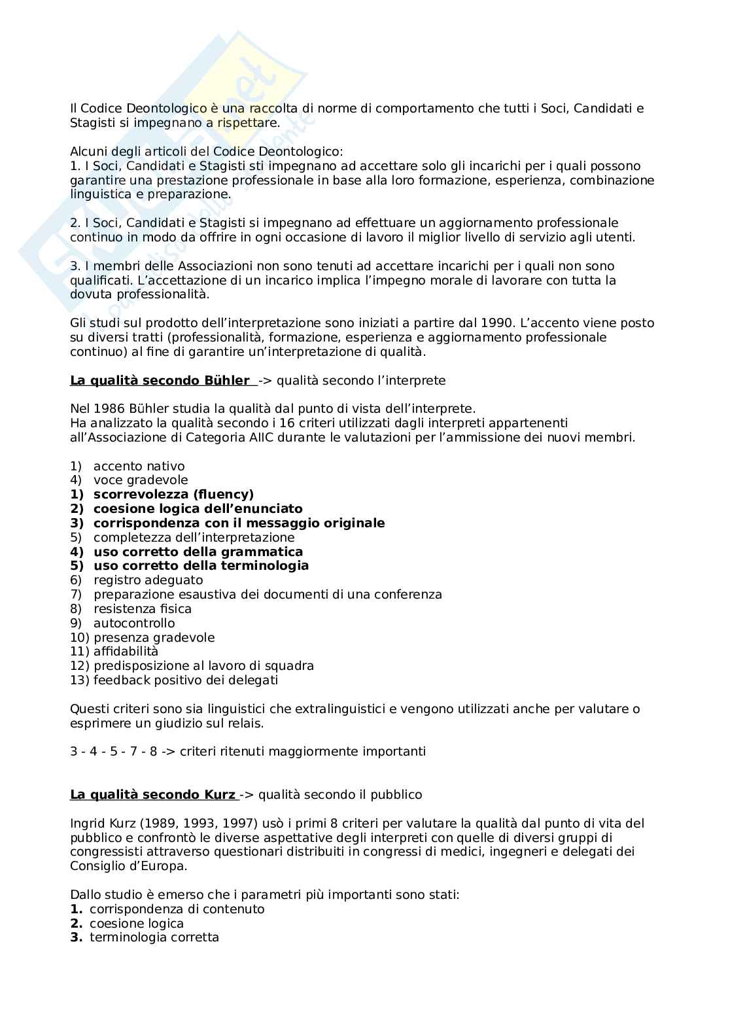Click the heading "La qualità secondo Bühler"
(x=160, y=381)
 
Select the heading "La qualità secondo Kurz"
(x=152, y=795)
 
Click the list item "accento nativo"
(x=139, y=466)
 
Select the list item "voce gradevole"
(x=141, y=480)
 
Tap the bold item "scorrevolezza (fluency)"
(x=173, y=495)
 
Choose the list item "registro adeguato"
(x=148, y=580)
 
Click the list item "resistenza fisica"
(x=143, y=609)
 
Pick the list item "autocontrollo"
(x=134, y=623)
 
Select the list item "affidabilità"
(x=126, y=652)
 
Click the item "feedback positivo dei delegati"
(x=186, y=680)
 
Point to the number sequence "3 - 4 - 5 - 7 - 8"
(x=114, y=752)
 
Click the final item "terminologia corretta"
(x=154, y=937)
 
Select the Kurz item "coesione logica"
(x=137, y=924)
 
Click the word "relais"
(x=245, y=724)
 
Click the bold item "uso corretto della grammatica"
(x=198, y=552)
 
